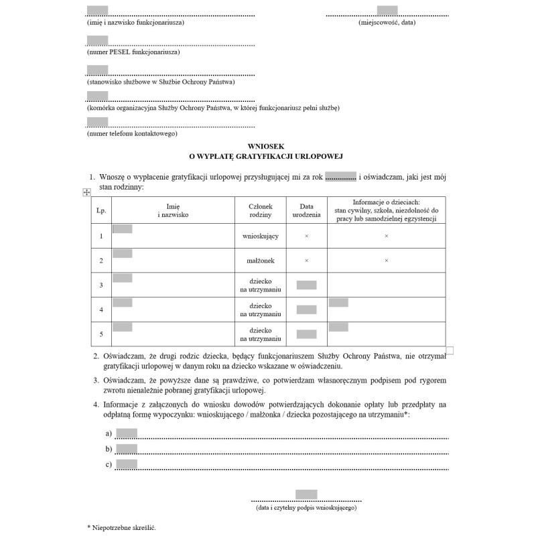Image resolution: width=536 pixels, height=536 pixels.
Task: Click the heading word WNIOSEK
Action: (267, 145)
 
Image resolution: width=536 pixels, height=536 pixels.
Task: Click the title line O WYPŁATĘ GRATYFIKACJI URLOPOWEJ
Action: (267, 155)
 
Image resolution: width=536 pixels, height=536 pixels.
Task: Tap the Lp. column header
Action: (101, 210)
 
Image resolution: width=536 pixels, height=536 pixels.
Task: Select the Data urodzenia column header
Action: (306, 210)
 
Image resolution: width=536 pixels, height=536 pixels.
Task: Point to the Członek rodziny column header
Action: (260, 210)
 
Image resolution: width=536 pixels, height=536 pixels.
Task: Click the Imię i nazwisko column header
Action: (173, 210)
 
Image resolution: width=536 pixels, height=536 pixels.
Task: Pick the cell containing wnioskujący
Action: (260, 236)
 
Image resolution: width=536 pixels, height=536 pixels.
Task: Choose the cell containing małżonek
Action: (260, 261)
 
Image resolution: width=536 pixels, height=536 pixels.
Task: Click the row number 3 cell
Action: (101, 285)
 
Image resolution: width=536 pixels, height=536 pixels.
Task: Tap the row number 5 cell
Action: (101, 334)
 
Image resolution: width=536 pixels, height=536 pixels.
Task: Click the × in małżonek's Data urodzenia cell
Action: (306, 261)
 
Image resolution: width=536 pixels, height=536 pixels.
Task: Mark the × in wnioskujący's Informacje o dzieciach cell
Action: (386, 236)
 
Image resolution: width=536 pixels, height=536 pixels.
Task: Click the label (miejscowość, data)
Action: (387, 22)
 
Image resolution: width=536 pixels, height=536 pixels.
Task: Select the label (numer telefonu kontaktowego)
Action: (132, 133)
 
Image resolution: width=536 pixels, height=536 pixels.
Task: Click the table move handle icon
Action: (86, 193)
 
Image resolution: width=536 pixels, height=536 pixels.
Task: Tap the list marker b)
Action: (109, 449)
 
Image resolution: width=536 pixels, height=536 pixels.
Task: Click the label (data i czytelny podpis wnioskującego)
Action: (306, 508)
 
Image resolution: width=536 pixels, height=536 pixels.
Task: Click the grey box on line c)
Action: (127, 464)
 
